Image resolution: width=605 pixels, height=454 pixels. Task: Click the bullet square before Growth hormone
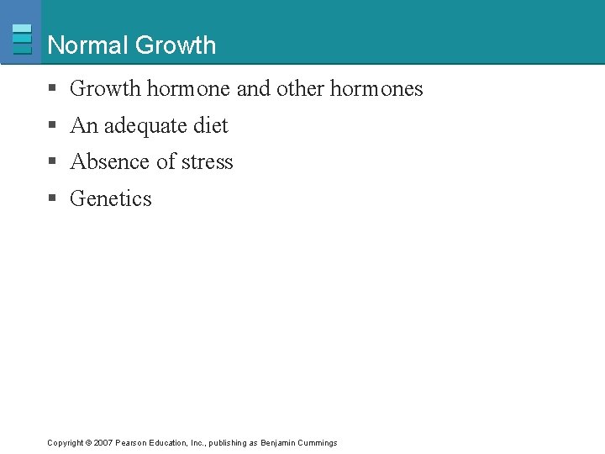52,89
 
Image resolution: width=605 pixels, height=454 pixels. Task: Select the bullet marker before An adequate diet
52,126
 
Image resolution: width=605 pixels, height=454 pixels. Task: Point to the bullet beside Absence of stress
52,162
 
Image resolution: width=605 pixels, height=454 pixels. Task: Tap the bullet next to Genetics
52,199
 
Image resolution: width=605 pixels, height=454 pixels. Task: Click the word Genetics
111,199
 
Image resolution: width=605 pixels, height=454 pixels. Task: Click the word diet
211,126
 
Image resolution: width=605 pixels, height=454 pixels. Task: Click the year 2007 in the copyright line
103,443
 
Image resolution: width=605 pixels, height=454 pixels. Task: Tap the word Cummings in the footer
318,443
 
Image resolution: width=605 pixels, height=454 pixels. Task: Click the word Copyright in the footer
65,443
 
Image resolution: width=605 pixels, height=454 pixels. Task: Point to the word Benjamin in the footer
277,443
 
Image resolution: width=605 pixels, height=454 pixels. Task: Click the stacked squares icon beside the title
23,39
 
